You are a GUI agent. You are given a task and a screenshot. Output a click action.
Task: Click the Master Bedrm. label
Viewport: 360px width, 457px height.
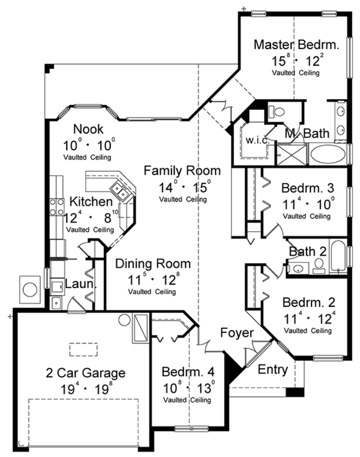296,44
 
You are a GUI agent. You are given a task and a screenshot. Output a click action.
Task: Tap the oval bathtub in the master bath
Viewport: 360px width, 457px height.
328,154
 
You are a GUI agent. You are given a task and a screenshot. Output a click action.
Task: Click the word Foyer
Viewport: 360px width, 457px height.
236,333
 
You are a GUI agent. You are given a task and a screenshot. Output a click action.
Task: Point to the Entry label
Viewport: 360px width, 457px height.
272,369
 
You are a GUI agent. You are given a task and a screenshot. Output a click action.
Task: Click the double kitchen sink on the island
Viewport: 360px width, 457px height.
122,193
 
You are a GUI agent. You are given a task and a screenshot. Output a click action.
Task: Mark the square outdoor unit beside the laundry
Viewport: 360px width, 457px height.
29,289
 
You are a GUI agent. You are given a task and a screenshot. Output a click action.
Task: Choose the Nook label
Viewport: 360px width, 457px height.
88,129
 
